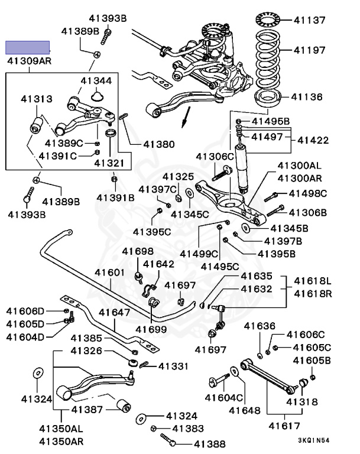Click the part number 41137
310,20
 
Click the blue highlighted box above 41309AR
28,47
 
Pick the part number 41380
158,143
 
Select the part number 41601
110,273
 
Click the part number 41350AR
61,441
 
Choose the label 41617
281,425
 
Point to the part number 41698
138,252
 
